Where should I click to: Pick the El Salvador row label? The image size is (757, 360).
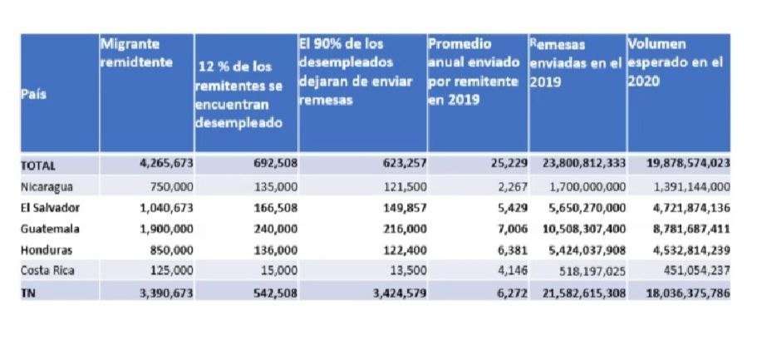pos(50,207)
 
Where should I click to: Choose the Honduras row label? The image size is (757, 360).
pos(47,249)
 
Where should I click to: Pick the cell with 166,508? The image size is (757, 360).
pos(272,207)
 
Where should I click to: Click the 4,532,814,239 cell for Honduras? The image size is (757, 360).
pos(687,249)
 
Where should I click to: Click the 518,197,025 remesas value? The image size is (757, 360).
pos(587,269)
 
